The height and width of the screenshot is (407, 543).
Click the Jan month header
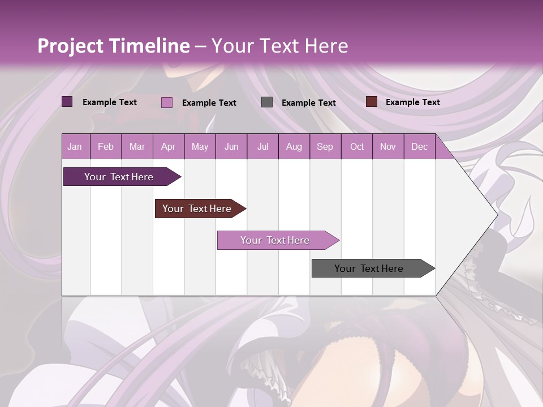click(75, 147)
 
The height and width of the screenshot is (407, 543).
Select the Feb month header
click(106, 147)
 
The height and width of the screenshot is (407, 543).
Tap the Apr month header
click(168, 147)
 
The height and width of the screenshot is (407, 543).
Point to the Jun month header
click(231, 147)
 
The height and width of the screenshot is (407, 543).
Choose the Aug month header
click(294, 147)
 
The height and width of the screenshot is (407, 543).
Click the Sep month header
click(325, 147)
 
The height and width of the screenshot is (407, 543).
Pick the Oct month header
click(357, 147)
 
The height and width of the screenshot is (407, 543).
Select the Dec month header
click(419, 147)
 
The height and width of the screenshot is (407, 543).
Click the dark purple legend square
click(67, 102)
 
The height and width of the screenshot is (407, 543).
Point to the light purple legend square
click(167, 102)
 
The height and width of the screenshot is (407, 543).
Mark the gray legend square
click(267, 102)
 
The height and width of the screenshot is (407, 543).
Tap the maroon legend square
click(371, 102)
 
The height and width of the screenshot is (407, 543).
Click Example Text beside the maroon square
click(412, 102)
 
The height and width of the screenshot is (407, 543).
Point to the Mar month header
click(137, 147)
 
